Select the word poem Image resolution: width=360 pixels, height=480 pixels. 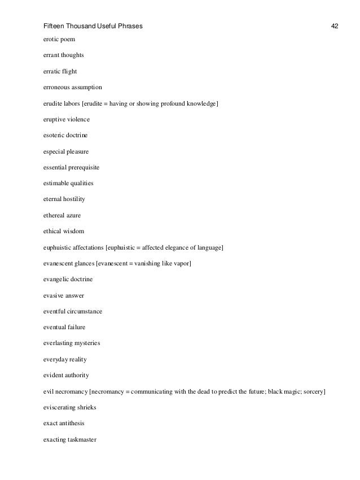pos(67,40)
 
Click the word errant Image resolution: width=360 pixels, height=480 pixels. pos(51,56)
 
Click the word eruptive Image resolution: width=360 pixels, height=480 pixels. pos(54,120)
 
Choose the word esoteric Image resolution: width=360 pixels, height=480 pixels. pos(54,136)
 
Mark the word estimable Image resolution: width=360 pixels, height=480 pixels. pos(56,184)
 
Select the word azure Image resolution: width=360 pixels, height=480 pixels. pos(78,215)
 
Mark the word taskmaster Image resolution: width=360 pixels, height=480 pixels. pos(81,438)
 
